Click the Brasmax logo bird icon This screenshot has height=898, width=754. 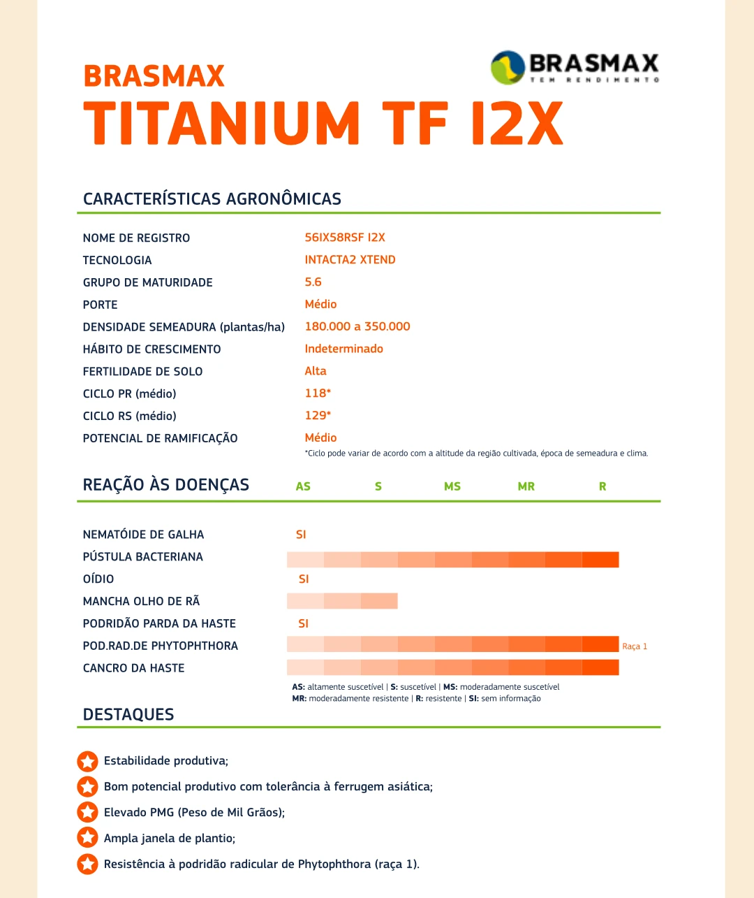pyautogui.click(x=508, y=68)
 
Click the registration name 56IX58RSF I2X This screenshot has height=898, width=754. pyautogui.click(x=345, y=238)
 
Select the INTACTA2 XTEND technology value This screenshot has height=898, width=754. pyautogui.click(x=350, y=260)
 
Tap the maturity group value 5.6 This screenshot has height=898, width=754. pyautogui.click(x=313, y=282)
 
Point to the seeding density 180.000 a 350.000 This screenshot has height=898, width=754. pyautogui.click(x=357, y=326)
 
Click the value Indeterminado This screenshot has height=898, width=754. pyautogui.click(x=343, y=349)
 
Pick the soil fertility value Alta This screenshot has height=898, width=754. pyautogui.click(x=316, y=371)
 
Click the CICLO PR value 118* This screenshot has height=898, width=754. pyautogui.click(x=318, y=393)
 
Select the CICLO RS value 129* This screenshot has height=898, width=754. pyautogui.click(x=318, y=416)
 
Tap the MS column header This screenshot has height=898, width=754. pyautogui.click(x=452, y=486)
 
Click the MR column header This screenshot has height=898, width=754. pyautogui.click(x=526, y=486)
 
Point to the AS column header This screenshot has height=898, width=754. pyautogui.click(x=303, y=486)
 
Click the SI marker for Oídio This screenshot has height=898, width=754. pyautogui.click(x=304, y=579)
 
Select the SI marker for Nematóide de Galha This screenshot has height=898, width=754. pyautogui.click(x=301, y=535)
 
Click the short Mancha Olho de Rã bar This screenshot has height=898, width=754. pyautogui.click(x=342, y=601)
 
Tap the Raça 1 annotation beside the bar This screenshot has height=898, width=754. pyautogui.click(x=635, y=646)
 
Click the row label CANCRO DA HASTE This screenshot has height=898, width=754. pyautogui.click(x=134, y=668)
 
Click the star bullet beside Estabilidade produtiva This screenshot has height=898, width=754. pyautogui.click(x=87, y=761)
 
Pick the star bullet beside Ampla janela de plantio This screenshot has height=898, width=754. pyautogui.click(x=87, y=838)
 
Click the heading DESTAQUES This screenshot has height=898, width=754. pyautogui.click(x=128, y=714)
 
